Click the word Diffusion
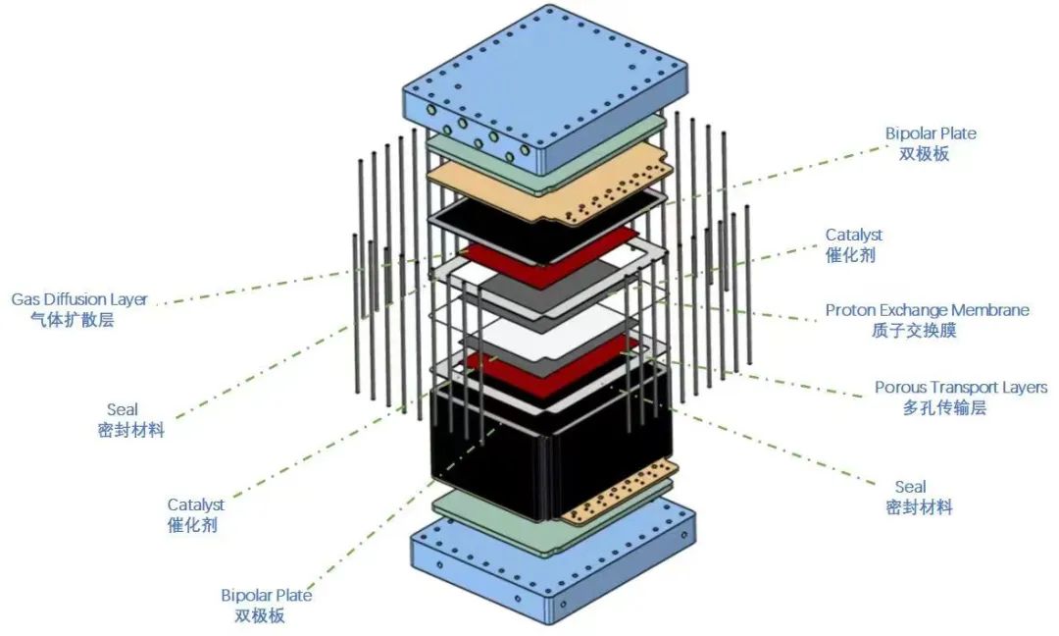[x=75, y=298]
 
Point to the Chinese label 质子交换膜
[x=913, y=331]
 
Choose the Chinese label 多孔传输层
[x=944, y=408]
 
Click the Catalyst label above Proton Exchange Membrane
[x=853, y=235]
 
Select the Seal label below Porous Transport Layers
[x=910, y=487]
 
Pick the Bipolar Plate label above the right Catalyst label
[x=931, y=132]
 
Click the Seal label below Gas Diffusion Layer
[x=122, y=409]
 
